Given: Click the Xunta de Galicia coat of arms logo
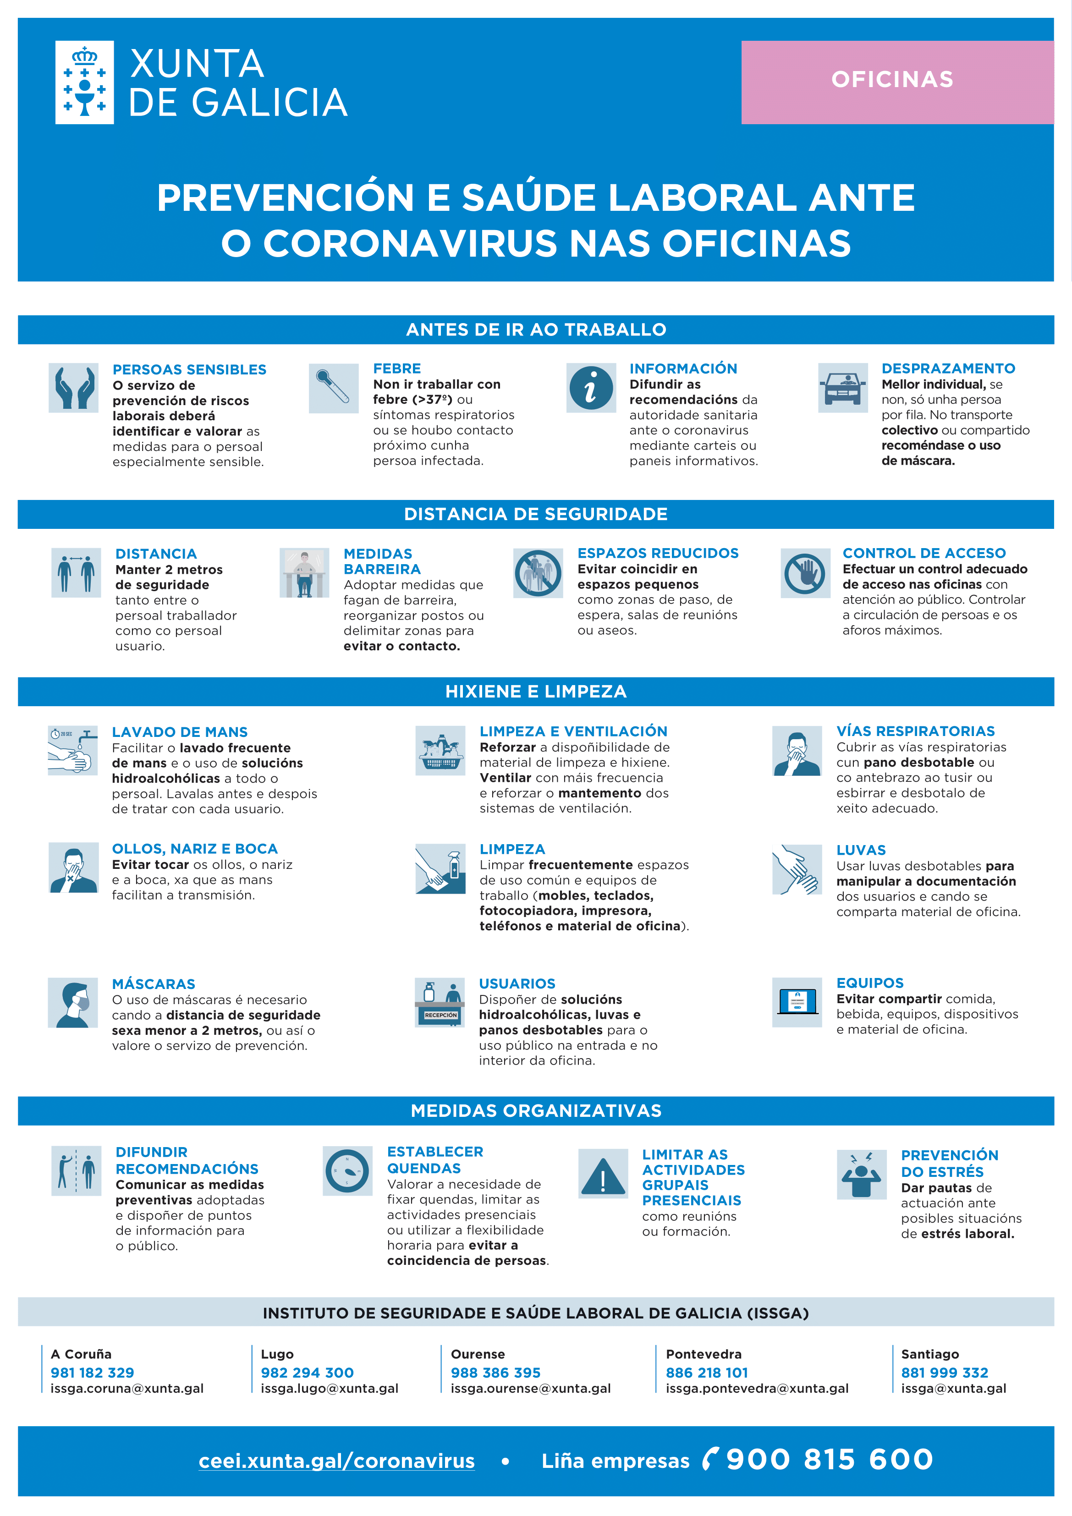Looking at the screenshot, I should click(84, 82).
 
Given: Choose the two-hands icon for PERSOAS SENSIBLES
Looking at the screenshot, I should click(73, 388).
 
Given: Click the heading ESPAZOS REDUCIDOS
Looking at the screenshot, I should click(658, 553).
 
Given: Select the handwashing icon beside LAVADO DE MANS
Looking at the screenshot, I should click(73, 750).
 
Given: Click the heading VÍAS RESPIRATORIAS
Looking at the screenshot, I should click(915, 731).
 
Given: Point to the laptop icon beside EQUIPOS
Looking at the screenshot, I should click(797, 1002).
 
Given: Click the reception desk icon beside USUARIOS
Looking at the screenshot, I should click(440, 1002).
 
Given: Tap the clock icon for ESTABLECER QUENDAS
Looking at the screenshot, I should click(347, 1170).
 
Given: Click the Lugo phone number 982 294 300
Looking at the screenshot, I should click(307, 1373).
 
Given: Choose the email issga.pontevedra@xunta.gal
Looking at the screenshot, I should click(757, 1389).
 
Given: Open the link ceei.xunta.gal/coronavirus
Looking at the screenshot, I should click(337, 1461).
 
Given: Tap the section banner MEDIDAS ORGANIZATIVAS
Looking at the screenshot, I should click(536, 1110).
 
